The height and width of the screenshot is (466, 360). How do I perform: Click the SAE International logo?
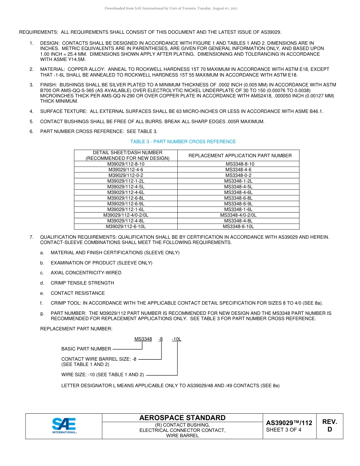click(x=64, y=425)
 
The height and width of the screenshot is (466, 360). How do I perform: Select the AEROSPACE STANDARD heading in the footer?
click(x=182, y=418)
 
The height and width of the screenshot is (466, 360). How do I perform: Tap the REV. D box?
click(x=329, y=425)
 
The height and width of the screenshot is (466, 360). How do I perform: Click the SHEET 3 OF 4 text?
click(x=283, y=430)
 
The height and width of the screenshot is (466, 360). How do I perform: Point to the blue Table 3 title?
click(x=183, y=142)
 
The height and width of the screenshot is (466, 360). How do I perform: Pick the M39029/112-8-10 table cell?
click(x=126, y=164)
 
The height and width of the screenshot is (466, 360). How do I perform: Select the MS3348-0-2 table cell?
click(x=238, y=175)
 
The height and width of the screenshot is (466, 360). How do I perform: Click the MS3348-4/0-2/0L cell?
click(x=238, y=215)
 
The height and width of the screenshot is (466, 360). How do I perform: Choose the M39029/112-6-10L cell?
click(x=126, y=227)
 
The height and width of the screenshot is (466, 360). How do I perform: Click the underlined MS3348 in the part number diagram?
click(x=143, y=339)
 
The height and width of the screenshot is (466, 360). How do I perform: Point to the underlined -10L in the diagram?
click(x=176, y=339)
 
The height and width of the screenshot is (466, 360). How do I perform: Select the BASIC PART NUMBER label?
click(x=86, y=349)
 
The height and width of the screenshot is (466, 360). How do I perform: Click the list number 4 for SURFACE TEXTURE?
click(x=31, y=111)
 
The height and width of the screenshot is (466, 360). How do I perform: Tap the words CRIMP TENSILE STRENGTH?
click(x=82, y=283)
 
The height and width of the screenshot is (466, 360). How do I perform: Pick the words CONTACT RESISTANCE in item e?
click(x=78, y=293)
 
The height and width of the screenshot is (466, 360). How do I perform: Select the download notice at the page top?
click(x=171, y=8)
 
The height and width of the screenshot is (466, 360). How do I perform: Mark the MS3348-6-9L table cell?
click(x=238, y=204)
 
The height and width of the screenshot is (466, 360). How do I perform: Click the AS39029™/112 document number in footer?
click(x=289, y=423)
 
